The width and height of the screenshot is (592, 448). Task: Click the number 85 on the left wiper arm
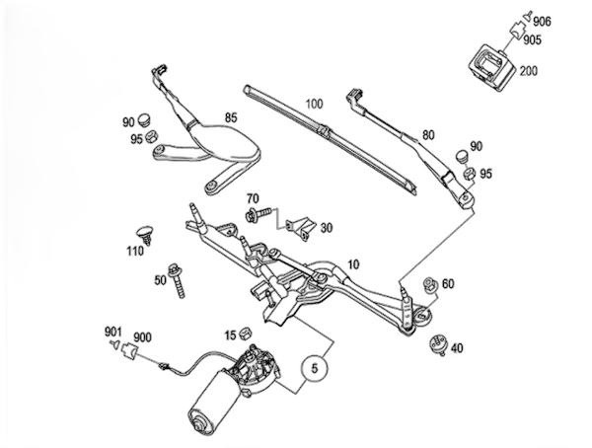[x=232, y=119]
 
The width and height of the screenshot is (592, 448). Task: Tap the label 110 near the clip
[x=136, y=252]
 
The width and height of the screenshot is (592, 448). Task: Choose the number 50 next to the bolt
[x=159, y=281]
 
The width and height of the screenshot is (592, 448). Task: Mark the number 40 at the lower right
[x=457, y=346]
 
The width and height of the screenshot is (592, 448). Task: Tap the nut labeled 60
[x=428, y=285]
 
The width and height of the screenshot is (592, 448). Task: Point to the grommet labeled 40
[x=437, y=346]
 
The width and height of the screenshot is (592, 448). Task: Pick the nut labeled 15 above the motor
[x=258, y=335]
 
